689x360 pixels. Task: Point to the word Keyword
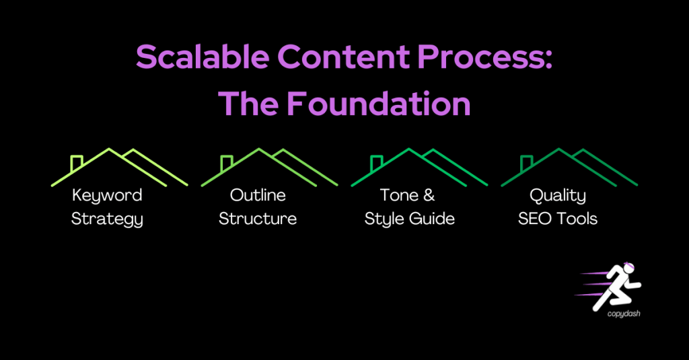click(x=107, y=196)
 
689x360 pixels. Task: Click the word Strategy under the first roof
click(x=107, y=219)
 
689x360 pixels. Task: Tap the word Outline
click(x=258, y=196)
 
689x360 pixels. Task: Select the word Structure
click(x=258, y=219)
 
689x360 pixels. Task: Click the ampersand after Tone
click(x=428, y=196)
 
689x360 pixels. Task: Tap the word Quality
click(x=558, y=196)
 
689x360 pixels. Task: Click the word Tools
click(x=576, y=219)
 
